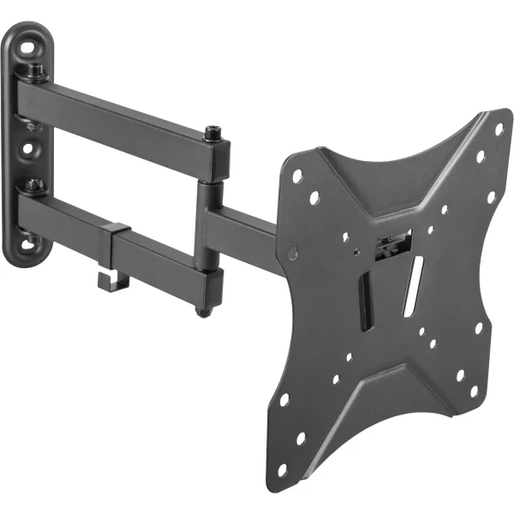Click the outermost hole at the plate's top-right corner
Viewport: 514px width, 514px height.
[x=499, y=128]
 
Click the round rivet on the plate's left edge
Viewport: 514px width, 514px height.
[x=293, y=254]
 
